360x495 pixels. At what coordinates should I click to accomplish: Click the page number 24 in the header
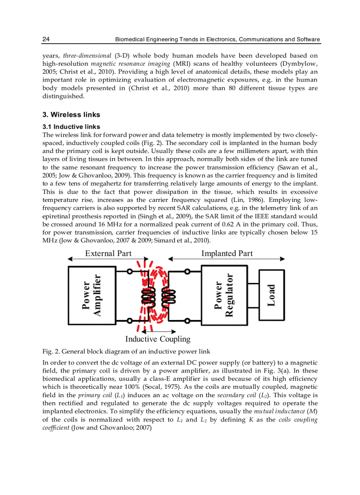pyautogui.click(x=45, y=40)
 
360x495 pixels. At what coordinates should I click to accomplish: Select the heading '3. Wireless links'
pyautogui.click(x=71, y=115)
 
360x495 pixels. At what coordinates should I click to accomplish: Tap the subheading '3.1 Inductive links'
pyautogui.click(x=71, y=127)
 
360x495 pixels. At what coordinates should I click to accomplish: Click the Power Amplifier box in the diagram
pyautogui.click(x=91, y=294)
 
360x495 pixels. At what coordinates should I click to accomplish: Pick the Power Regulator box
pyautogui.click(x=224, y=294)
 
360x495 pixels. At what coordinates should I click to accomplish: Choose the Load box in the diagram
pyautogui.click(x=272, y=295)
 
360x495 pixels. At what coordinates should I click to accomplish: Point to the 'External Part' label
pyautogui.click(x=108, y=253)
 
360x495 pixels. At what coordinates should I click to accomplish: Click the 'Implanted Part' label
pyautogui.click(x=227, y=253)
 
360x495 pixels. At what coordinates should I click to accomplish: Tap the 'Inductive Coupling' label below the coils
pyautogui.click(x=157, y=339)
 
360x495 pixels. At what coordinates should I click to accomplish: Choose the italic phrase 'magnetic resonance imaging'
pyautogui.click(x=127, y=64)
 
